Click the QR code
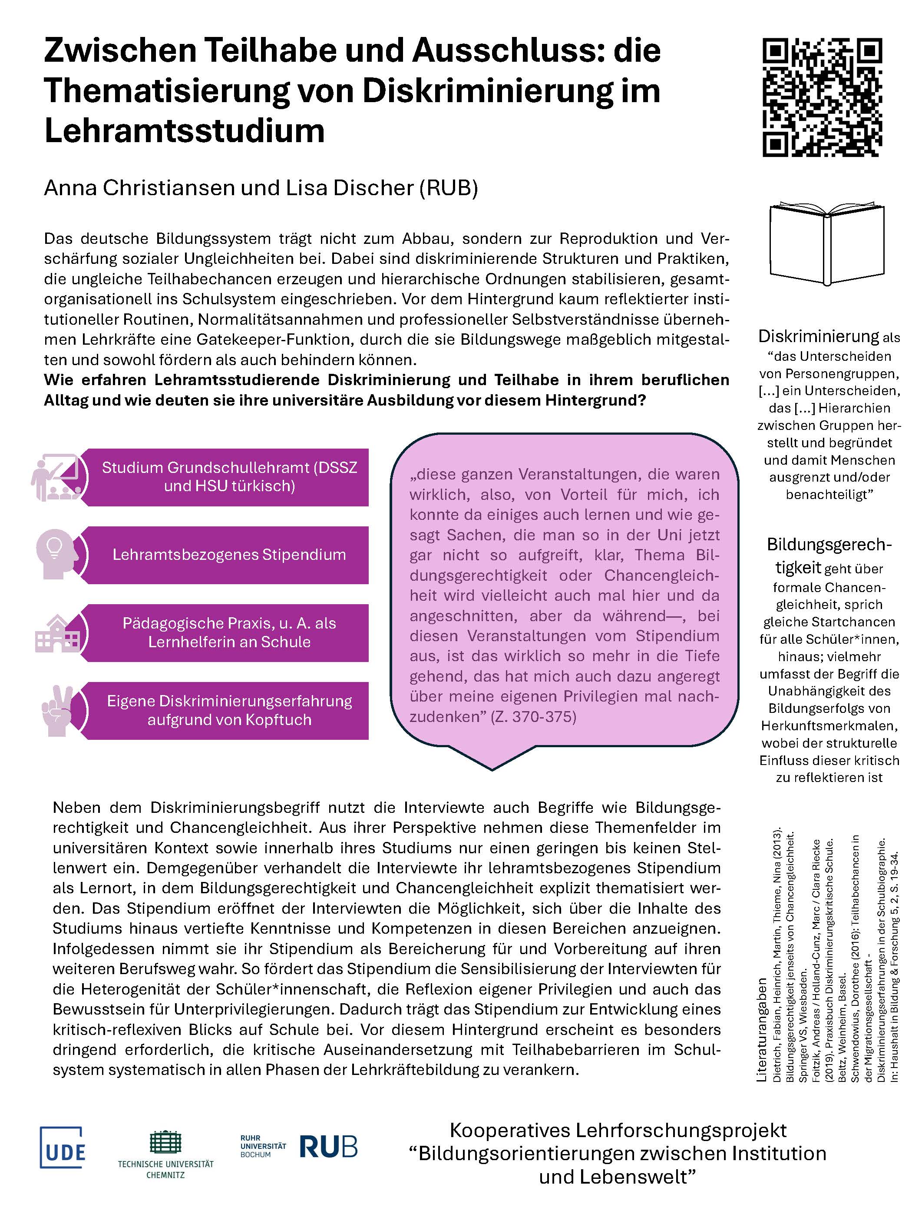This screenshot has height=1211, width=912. click(x=822, y=97)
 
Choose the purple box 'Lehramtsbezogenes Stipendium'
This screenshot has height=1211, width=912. click(x=229, y=555)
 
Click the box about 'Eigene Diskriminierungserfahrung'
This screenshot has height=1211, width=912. click(x=229, y=710)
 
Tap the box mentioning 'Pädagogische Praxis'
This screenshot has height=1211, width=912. click(x=229, y=632)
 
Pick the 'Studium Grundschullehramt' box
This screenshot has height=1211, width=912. click(x=229, y=477)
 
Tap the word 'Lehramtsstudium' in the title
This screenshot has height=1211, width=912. click(x=185, y=131)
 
